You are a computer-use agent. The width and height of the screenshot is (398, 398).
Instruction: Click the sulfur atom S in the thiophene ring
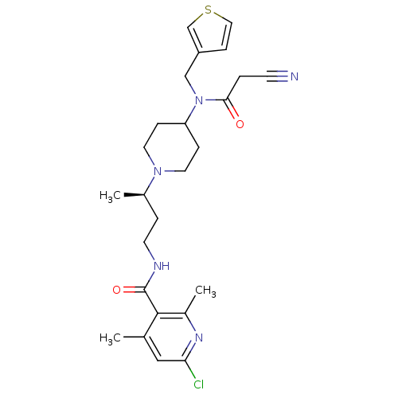[209, 10]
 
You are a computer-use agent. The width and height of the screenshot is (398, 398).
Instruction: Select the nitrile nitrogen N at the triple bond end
[295, 76]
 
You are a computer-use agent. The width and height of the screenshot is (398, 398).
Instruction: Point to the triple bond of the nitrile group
[277, 76]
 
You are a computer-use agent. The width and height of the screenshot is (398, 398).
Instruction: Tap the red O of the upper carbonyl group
[240, 124]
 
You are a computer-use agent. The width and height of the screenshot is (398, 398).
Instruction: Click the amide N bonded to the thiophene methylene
[199, 100]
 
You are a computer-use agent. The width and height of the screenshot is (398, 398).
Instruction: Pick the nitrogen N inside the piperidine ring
[158, 171]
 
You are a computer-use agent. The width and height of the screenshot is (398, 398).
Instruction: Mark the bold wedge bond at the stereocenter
[134, 195]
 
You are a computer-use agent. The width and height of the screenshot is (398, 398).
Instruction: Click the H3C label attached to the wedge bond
[110, 196]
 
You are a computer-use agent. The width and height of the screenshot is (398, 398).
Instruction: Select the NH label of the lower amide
[162, 266]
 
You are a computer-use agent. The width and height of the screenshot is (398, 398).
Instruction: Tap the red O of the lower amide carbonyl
[116, 290]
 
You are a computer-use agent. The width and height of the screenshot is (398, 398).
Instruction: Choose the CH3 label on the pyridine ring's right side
[205, 291]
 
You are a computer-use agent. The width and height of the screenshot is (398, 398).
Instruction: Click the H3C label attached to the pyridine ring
[110, 338]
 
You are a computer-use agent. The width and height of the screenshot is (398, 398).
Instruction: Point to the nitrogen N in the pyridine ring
[199, 338]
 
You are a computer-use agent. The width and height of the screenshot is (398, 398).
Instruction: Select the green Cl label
[199, 384]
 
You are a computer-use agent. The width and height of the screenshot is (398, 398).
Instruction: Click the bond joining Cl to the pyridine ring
[190, 369]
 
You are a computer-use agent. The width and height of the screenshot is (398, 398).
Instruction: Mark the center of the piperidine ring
[171, 147]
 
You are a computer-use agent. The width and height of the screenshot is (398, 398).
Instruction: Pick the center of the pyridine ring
[171, 337]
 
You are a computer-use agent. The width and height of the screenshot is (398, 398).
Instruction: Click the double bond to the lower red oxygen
[133, 290]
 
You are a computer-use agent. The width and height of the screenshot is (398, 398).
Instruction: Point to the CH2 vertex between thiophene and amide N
[185, 76]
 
